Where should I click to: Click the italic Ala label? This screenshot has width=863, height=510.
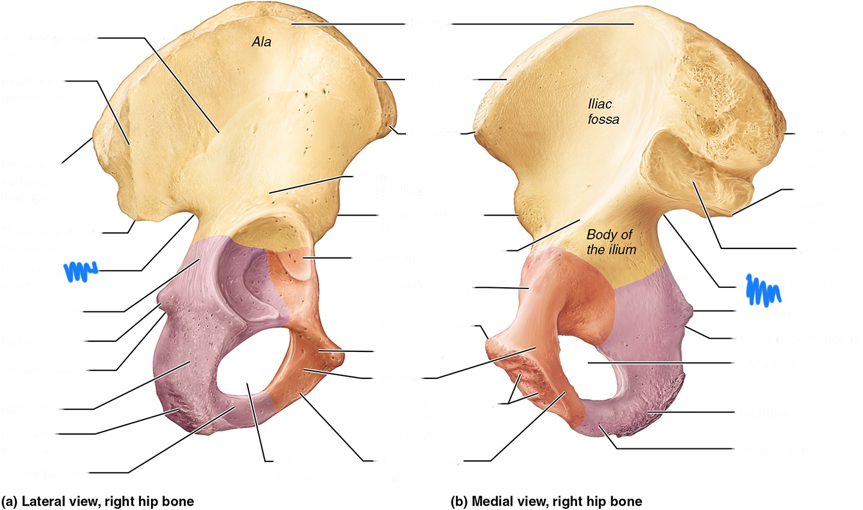[x=261, y=42]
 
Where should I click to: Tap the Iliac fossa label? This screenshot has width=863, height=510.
[x=603, y=112]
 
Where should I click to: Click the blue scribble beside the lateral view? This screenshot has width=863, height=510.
[x=80, y=271]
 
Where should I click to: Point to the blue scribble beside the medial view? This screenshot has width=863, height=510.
[x=762, y=289]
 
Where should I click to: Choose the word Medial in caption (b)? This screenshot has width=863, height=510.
[x=491, y=501]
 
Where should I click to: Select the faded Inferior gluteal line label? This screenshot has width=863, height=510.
[x=381, y=184]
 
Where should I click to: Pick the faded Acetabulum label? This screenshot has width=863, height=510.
[x=393, y=259]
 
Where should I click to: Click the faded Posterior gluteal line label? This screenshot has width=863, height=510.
[x=33, y=88]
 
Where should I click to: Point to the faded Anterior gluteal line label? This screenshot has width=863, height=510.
[x=47, y=47]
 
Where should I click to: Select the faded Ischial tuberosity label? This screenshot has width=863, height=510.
[x=30, y=442]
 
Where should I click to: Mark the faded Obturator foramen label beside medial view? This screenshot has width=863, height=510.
[x=767, y=371]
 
